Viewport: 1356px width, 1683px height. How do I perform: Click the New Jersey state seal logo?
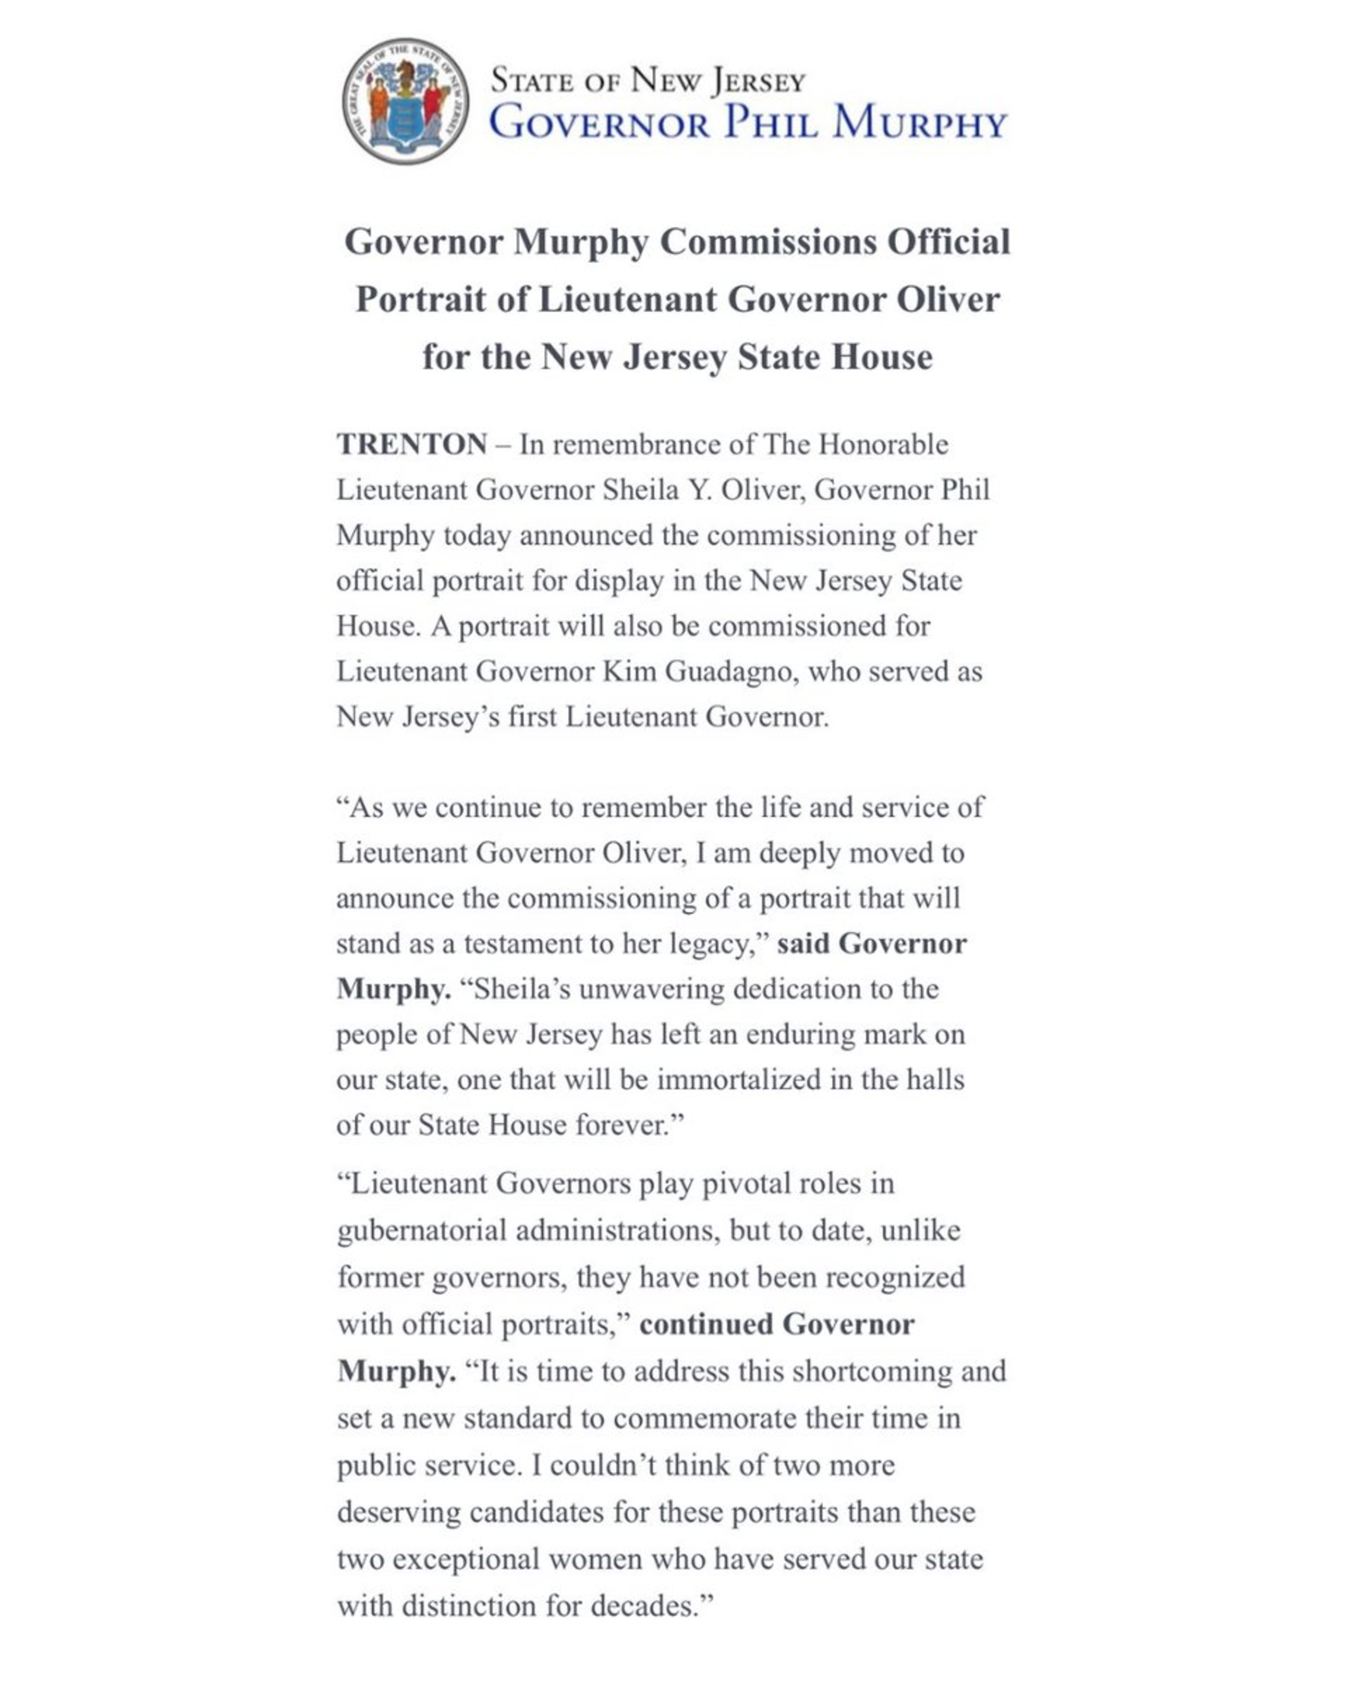click(405, 101)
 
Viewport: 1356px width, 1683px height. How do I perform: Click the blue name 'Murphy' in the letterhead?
click(919, 123)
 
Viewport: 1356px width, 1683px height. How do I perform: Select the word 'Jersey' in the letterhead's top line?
click(757, 81)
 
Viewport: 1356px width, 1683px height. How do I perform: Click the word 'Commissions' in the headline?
click(768, 241)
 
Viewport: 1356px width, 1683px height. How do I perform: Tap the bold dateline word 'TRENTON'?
click(412, 444)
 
